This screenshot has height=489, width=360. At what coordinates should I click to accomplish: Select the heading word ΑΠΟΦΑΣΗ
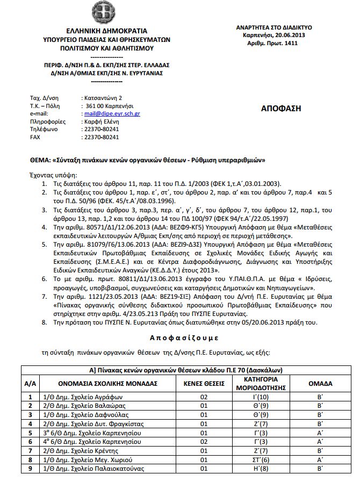[x=281, y=108]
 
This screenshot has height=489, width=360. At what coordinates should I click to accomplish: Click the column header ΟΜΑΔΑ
[x=320, y=384]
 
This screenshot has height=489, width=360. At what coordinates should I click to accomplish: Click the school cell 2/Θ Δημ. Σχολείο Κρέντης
[x=76, y=450]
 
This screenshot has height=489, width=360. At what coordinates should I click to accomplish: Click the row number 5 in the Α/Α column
[x=30, y=433]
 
